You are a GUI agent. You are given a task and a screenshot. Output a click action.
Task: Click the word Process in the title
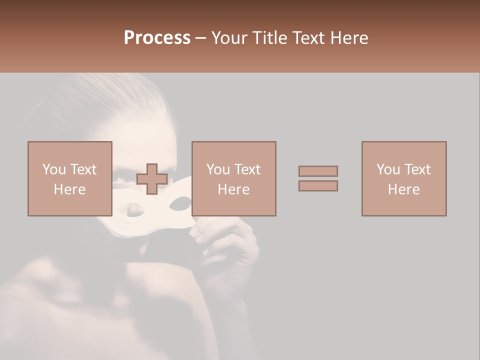point(157,38)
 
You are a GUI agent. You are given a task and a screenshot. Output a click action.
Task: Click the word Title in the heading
point(270,38)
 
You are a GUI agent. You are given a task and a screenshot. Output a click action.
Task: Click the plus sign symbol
point(152,179)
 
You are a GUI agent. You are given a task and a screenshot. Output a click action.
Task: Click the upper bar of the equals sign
point(318,171)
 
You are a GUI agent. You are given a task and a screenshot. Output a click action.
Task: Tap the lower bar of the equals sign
point(318,186)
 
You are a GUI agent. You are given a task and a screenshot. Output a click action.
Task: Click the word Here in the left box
point(70,189)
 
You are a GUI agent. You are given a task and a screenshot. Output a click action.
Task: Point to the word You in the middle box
point(218,169)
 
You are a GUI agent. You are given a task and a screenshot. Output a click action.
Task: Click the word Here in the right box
point(404,189)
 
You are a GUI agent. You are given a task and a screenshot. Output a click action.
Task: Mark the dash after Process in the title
point(201,38)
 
